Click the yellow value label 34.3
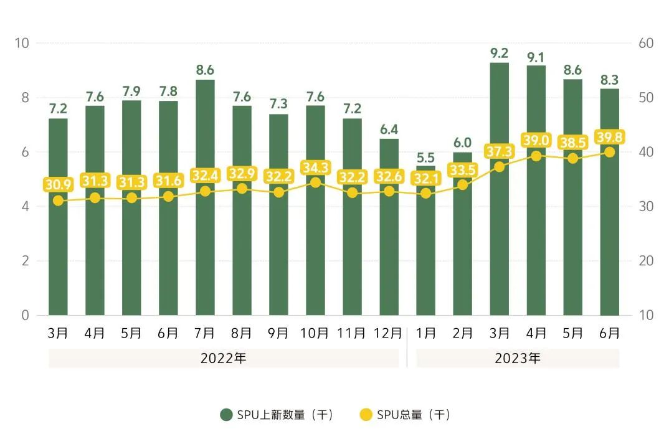[315, 168]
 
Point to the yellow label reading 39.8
[610, 137]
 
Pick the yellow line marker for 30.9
[58, 201]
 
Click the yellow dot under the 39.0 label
[536, 156]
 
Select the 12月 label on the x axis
[389, 333]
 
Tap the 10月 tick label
[315, 333]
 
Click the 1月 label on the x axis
[425, 333]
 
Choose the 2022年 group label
[223, 359]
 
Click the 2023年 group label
[518, 359]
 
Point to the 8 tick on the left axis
[25, 98]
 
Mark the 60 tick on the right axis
[645, 43]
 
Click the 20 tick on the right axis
[645, 260]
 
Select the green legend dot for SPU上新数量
[227, 415]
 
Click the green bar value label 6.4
[389, 130]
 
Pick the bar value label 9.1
[536, 57]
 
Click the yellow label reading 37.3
[499, 151]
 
